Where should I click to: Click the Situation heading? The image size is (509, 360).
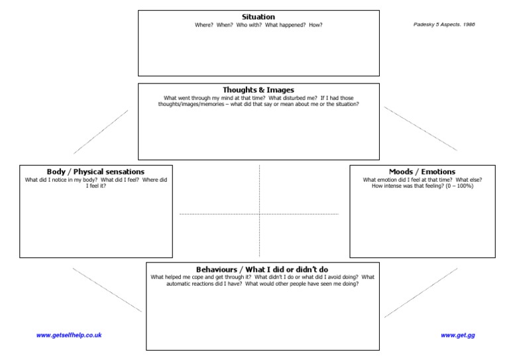258,17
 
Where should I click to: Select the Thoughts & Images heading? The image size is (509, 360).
258,90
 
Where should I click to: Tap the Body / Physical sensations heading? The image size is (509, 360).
95,172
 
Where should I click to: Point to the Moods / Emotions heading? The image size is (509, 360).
422,172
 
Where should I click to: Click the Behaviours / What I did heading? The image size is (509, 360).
262,269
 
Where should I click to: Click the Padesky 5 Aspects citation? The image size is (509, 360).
444,25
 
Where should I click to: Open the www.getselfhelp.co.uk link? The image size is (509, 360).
69,335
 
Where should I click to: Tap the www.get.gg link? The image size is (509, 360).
458,335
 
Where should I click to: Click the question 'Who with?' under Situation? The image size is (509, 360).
249,25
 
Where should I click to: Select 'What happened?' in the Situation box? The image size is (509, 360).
286,25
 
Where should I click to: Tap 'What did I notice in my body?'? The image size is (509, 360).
61,180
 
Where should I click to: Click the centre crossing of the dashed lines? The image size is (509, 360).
259,214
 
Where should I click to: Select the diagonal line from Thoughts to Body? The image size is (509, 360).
101,132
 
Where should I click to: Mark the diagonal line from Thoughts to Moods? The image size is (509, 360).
421,129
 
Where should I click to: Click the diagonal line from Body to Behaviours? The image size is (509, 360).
107,290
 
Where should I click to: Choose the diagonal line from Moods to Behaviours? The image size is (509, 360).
421,293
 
